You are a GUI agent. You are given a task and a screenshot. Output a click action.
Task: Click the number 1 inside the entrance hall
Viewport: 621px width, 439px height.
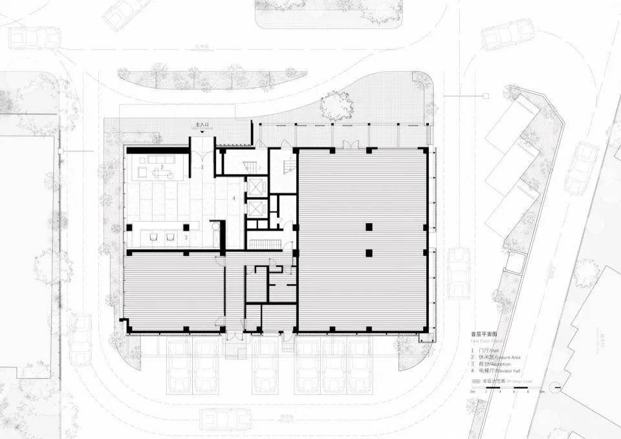(x=202, y=167)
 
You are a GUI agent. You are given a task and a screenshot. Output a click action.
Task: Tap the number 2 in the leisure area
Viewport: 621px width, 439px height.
(x=162, y=167)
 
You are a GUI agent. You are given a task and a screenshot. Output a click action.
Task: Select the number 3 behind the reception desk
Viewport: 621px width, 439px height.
(x=186, y=237)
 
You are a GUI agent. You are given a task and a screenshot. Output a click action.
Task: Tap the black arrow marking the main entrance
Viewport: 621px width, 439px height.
(x=203, y=131)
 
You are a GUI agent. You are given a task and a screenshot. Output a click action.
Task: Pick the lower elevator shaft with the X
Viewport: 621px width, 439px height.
(x=257, y=209)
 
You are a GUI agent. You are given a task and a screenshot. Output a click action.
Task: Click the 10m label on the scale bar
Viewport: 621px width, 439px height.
(x=541, y=392)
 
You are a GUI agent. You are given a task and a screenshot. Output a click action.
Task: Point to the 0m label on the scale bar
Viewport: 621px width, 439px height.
(x=473, y=392)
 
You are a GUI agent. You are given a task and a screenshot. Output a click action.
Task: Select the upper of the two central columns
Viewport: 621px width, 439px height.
(x=368, y=227)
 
